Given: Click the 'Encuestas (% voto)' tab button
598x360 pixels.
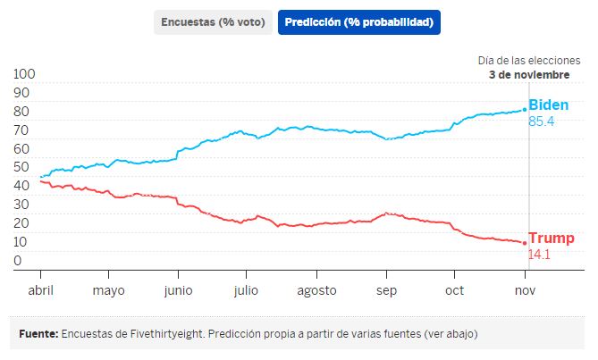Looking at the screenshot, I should point(214,22).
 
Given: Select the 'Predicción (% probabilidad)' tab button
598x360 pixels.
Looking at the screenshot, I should point(359,22).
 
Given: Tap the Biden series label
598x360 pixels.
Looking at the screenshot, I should point(548,105).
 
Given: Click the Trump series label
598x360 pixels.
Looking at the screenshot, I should point(552,239).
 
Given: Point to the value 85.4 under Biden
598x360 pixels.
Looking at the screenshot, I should point(542,121).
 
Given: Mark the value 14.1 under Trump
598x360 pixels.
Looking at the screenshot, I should point(539,255).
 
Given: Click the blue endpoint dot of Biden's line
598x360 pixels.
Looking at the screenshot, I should point(525,110).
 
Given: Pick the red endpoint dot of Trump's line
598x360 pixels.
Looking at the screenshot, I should point(525,242).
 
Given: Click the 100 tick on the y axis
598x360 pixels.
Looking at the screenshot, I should point(26,74).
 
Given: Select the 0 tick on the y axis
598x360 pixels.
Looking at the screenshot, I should point(18,261).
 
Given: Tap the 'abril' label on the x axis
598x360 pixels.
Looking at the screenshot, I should point(40,291).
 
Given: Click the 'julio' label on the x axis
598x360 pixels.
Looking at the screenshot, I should point(246,291).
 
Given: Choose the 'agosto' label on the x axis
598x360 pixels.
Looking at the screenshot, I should point(316,291).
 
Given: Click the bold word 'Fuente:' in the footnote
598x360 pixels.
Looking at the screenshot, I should point(38,334).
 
